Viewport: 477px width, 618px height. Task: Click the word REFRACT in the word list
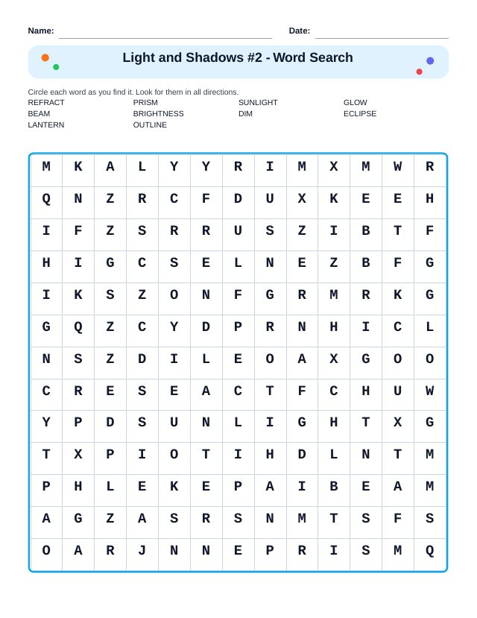tap(46, 103)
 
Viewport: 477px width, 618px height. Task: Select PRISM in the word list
tap(145, 103)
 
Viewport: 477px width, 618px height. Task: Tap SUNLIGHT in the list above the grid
tap(258, 103)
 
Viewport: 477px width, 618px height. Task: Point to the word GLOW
tap(356, 103)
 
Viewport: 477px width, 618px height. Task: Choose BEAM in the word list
tap(39, 114)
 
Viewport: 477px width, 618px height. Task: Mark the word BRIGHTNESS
tap(158, 114)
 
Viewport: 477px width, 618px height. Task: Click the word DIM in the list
tap(245, 114)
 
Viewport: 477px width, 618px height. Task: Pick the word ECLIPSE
tap(360, 114)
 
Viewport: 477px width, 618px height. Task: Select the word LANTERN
tap(46, 125)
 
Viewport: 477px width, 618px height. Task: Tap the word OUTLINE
tap(150, 125)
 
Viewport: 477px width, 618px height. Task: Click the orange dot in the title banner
tap(45, 57)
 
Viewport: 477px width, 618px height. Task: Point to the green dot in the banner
tap(56, 67)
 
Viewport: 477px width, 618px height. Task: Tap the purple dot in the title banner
tap(430, 61)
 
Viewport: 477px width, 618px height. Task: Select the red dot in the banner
tap(419, 72)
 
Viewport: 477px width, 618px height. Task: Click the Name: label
tap(41, 31)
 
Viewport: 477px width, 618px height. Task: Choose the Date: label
tap(300, 31)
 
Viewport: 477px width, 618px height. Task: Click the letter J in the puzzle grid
tap(142, 551)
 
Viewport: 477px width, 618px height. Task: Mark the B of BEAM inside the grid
tap(334, 487)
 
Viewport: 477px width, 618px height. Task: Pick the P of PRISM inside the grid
tap(270, 551)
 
